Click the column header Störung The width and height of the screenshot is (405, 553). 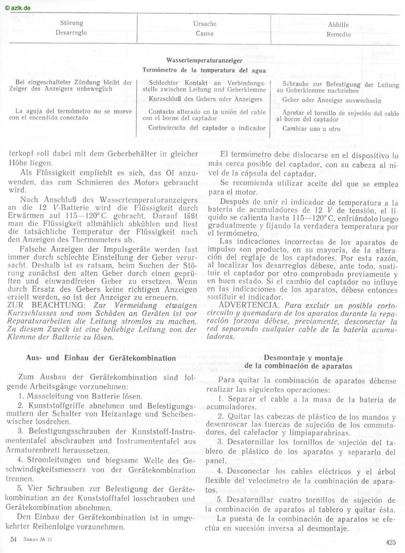[72, 23]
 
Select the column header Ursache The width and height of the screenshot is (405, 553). [205, 24]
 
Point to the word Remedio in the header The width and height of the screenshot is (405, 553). [338, 35]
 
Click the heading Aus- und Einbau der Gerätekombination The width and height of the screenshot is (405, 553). [101, 358]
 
